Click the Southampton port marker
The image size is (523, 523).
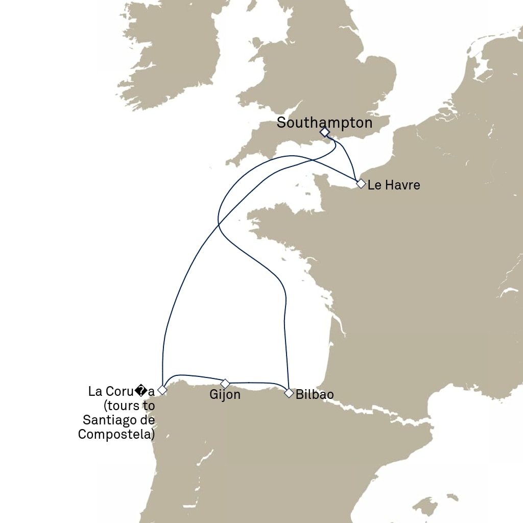[324, 132]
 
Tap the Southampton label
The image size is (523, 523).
[324, 123]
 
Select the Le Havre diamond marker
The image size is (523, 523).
[361, 183]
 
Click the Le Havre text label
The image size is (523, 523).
[394, 185]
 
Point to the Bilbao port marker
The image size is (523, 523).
[289, 393]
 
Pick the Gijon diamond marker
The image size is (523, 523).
[225, 383]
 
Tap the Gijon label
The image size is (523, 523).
[225, 395]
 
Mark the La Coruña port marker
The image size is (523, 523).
[162, 390]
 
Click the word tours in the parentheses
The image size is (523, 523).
[122, 406]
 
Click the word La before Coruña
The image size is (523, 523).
[96, 392]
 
